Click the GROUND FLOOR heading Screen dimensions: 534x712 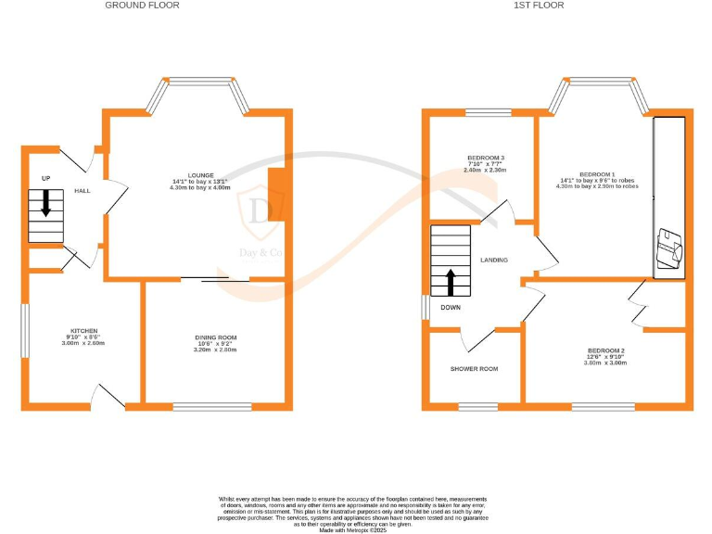142,6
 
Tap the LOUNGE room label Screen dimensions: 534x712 201,174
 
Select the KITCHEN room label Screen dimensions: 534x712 84,330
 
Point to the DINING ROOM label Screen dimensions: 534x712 215,337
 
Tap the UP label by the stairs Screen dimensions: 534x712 45,177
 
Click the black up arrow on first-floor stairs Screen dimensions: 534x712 451,281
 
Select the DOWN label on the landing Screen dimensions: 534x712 451,307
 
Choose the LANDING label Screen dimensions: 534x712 493,260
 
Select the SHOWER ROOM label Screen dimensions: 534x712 474,369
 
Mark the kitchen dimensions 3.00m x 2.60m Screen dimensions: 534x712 84,343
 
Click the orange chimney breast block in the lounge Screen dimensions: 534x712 276,196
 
